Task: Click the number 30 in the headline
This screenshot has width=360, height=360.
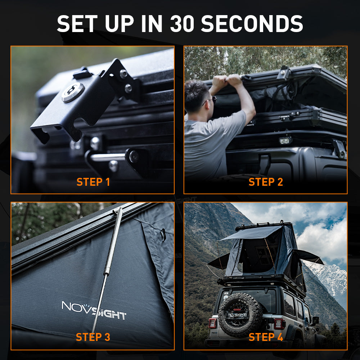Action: [x=182, y=24]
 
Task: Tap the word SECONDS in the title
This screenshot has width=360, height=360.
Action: [x=252, y=24]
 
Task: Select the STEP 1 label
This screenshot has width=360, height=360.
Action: [x=93, y=182]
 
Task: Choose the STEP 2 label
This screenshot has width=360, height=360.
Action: [x=266, y=182]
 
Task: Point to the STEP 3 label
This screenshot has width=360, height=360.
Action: [x=93, y=337]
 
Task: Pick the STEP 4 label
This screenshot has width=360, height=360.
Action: [x=266, y=337]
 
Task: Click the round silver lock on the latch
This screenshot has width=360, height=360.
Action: [x=73, y=92]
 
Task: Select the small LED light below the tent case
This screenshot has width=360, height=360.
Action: [x=285, y=140]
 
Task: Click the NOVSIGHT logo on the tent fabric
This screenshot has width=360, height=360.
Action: [x=94, y=310]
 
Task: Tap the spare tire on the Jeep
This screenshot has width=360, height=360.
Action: [x=240, y=315]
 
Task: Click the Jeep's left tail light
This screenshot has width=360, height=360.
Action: [x=213, y=323]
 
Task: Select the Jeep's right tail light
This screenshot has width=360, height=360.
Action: [x=280, y=324]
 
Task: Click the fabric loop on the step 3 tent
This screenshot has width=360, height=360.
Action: [x=163, y=235]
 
